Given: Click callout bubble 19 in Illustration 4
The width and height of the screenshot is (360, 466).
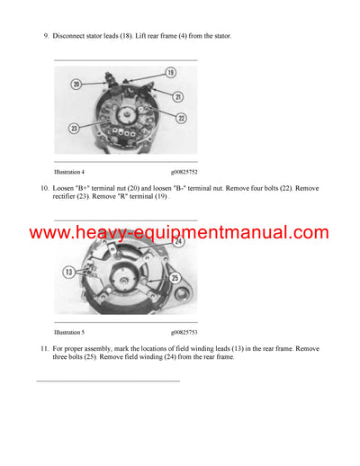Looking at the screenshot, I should point(170,71).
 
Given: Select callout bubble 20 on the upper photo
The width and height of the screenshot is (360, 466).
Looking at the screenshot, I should point(76,83).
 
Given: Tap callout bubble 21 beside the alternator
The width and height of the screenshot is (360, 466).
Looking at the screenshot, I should point(178,96).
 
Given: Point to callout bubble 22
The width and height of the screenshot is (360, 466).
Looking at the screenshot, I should point(181,119).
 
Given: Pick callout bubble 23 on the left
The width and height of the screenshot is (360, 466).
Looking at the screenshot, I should point(74,128).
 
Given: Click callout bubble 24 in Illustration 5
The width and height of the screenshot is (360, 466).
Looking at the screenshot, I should point(179,240).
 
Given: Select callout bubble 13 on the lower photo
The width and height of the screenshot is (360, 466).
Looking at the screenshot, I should point(67,271).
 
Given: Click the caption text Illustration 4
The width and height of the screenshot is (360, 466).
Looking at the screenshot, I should point(69,171).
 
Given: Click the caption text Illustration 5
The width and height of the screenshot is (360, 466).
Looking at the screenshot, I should point(69,332).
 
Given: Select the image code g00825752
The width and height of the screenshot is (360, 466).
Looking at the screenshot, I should point(184,171).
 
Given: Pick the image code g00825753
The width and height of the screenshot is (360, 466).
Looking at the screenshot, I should point(184,332).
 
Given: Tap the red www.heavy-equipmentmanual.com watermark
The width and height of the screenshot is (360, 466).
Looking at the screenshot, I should point(179,232).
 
